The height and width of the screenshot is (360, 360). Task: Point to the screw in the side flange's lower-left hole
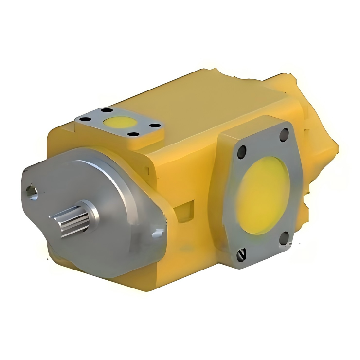pos(242,253)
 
